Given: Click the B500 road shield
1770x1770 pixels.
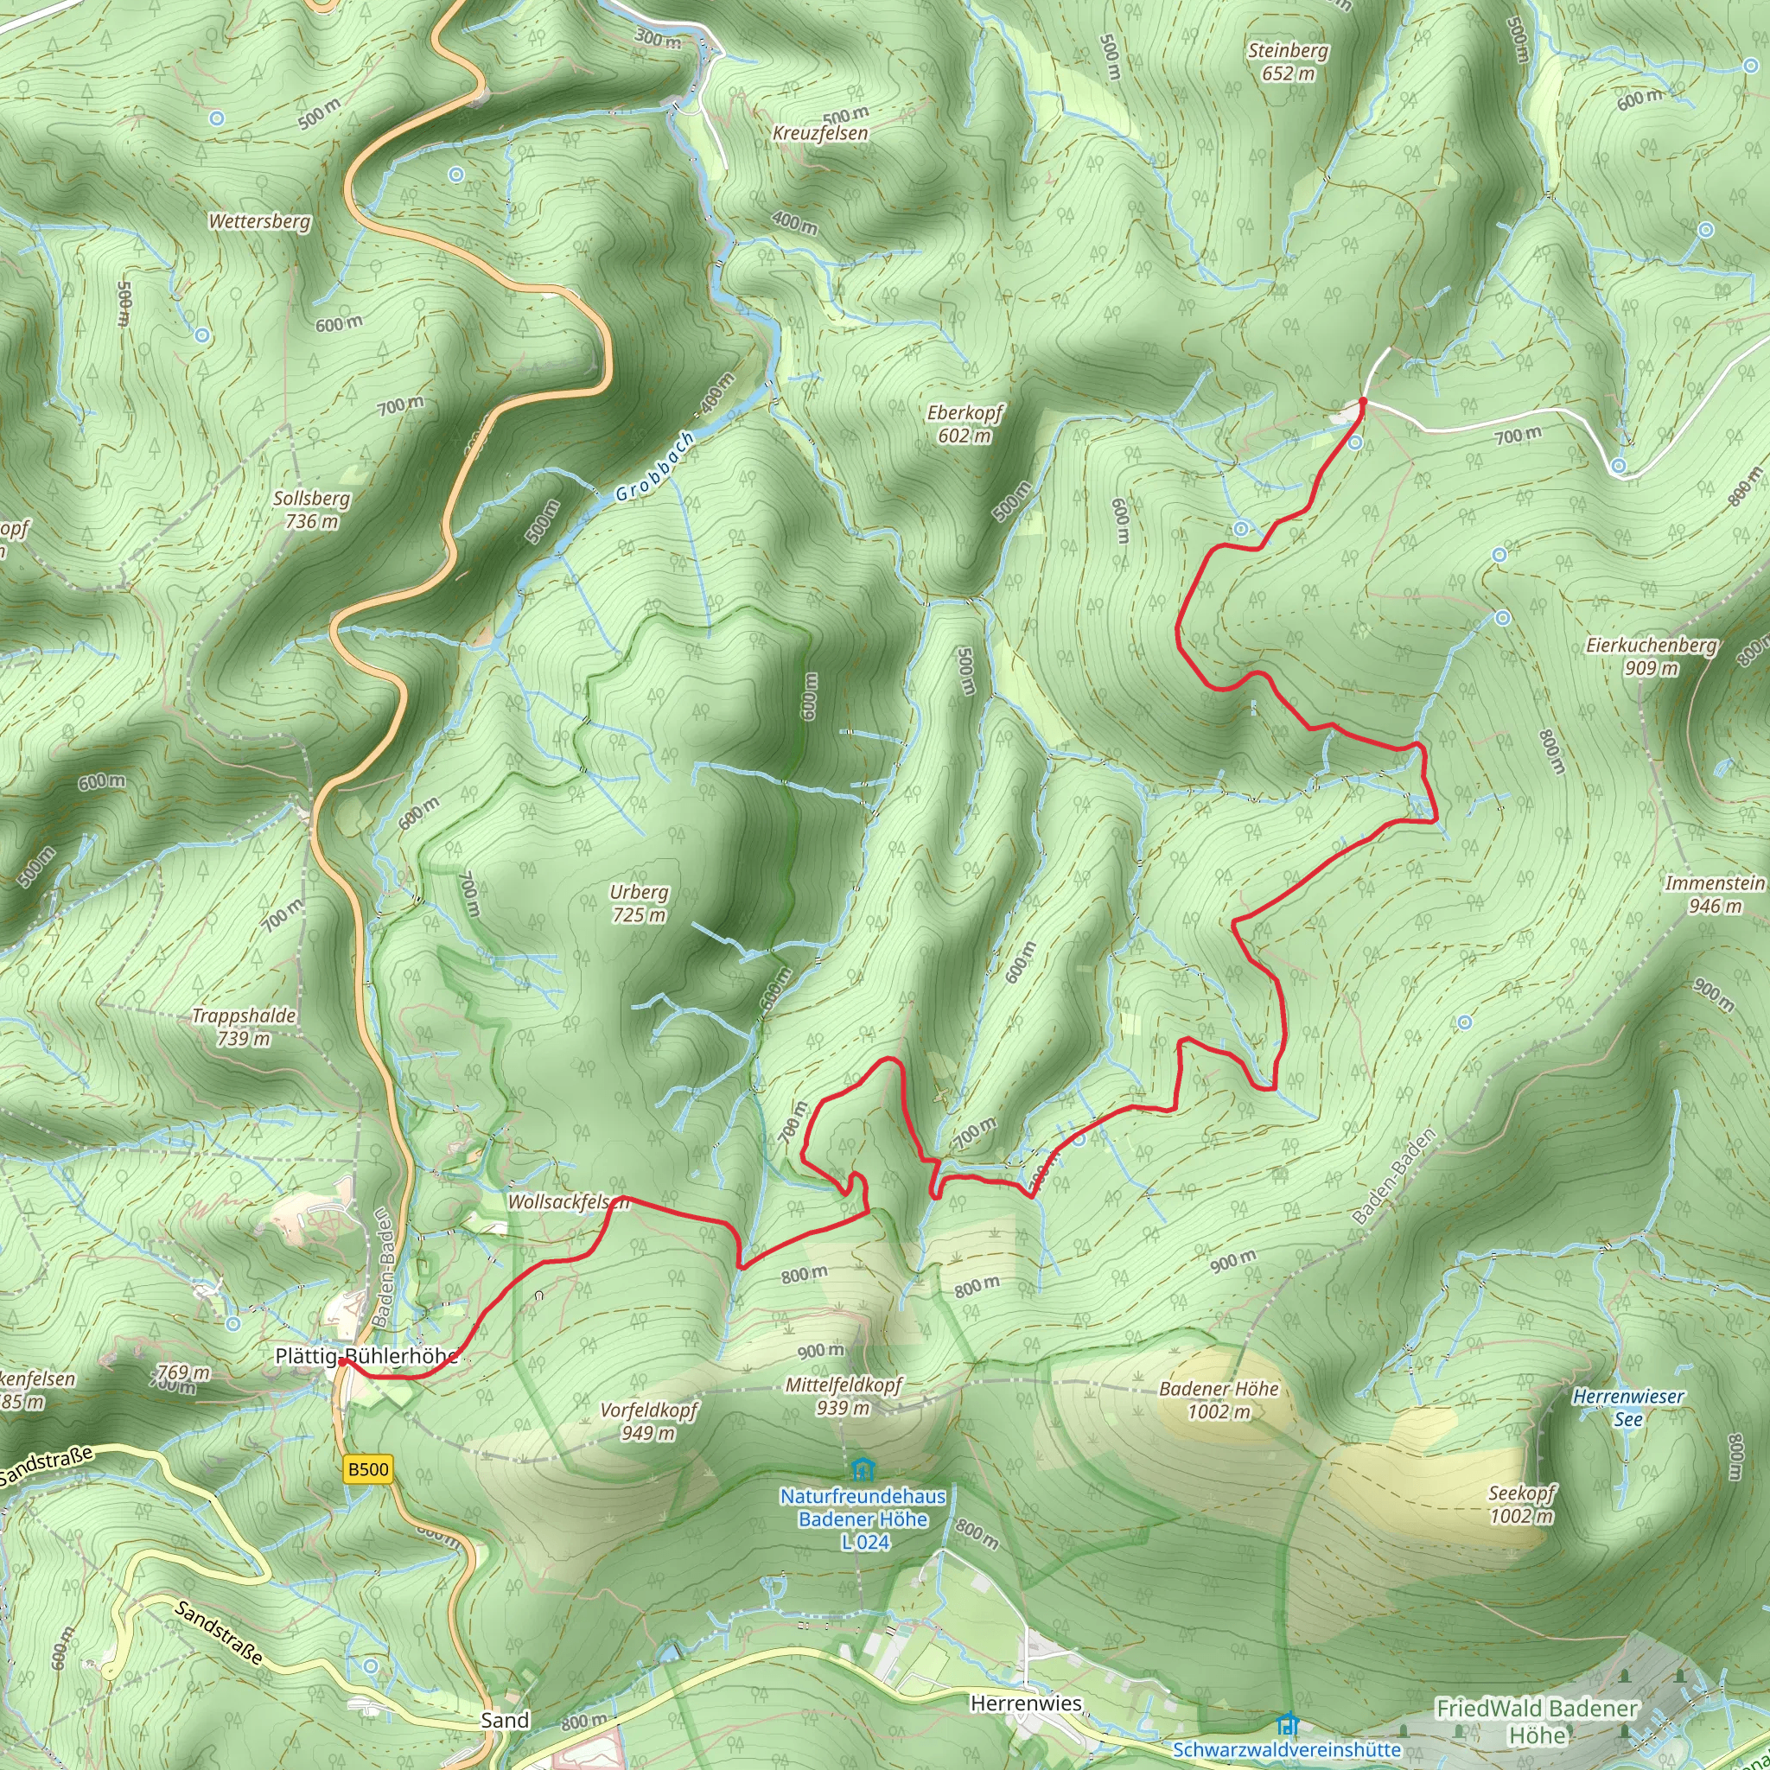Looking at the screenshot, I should (368, 1469).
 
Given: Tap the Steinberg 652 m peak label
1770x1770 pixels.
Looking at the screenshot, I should (1287, 62).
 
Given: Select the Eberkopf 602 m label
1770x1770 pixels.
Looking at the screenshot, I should (965, 424).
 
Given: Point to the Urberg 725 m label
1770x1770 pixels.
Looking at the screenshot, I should (639, 903).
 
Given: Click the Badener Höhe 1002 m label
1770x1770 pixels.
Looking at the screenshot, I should (1219, 1400).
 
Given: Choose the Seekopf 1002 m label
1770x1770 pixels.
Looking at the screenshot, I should (1521, 1505).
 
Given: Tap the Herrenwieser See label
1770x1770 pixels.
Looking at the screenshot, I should (1628, 1407).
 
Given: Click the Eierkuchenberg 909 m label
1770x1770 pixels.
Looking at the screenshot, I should (1651, 656).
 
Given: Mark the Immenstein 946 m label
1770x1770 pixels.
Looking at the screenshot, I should (1714, 895).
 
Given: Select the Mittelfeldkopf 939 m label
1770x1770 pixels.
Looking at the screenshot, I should (843, 1397).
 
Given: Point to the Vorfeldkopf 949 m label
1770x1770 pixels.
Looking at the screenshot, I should (649, 1421).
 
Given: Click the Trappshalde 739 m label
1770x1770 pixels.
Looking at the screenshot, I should (244, 1026).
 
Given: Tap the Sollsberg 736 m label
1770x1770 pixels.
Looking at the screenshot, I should (311, 509).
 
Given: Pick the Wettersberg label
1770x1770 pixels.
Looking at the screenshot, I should (259, 222).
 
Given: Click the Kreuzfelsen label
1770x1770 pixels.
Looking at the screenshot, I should (820, 133).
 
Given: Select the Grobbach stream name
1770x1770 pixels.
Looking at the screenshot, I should (654, 468).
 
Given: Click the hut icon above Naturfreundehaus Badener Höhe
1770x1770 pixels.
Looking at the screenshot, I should (861, 1470).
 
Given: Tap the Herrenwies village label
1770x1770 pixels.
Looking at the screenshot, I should (1025, 1703).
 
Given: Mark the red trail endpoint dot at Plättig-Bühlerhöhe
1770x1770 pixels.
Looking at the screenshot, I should (341, 1362).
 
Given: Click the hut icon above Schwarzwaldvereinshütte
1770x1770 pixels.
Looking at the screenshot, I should (1287, 1723).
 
